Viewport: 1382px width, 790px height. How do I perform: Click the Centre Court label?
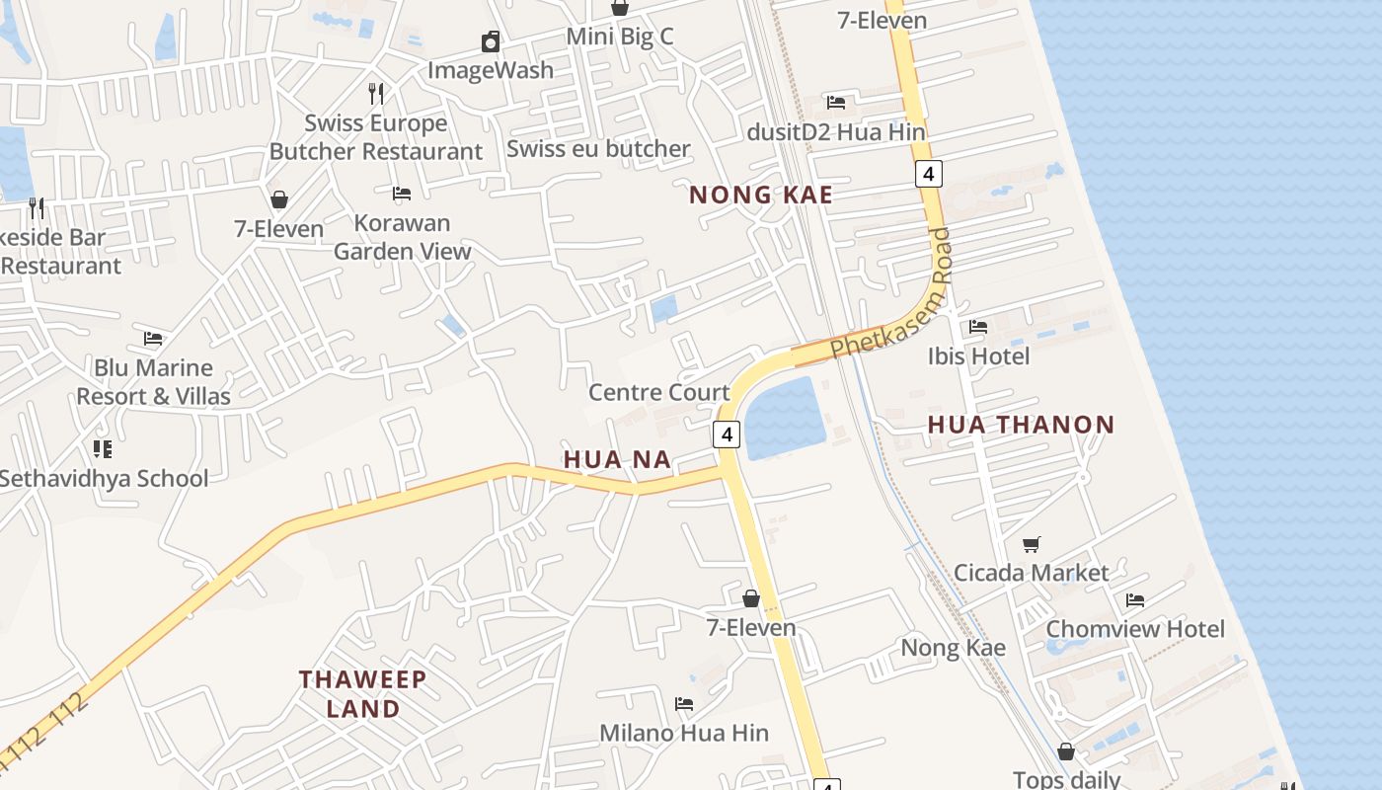click(658, 392)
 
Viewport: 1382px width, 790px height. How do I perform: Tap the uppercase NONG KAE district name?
click(760, 195)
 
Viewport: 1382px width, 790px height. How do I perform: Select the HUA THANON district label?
click(1021, 425)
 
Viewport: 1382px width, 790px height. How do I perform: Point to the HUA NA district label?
click(617, 459)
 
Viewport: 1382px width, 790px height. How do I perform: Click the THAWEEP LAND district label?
click(363, 693)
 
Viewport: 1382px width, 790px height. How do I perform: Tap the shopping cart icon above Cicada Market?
click(1032, 544)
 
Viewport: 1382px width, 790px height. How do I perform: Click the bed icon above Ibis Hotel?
click(978, 326)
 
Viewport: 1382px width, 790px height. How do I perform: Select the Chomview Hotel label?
click(1134, 629)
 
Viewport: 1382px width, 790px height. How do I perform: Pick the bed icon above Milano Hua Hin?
click(684, 704)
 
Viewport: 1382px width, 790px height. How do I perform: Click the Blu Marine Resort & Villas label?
click(153, 381)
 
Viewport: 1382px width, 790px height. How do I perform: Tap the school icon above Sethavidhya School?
click(103, 449)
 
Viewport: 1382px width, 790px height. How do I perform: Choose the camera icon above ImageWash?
click(491, 41)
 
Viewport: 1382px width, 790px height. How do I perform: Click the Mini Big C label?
click(620, 37)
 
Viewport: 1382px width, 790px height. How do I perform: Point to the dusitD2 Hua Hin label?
click(836, 131)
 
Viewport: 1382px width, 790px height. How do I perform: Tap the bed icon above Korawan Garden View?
click(402, 194)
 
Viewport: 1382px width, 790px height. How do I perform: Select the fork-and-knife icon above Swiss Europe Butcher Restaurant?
click(376, 94)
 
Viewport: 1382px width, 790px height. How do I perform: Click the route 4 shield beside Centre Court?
click(727, 434)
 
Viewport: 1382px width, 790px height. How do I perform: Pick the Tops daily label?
click(1066, 779)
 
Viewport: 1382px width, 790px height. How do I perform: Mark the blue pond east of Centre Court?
click(785, 420)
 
